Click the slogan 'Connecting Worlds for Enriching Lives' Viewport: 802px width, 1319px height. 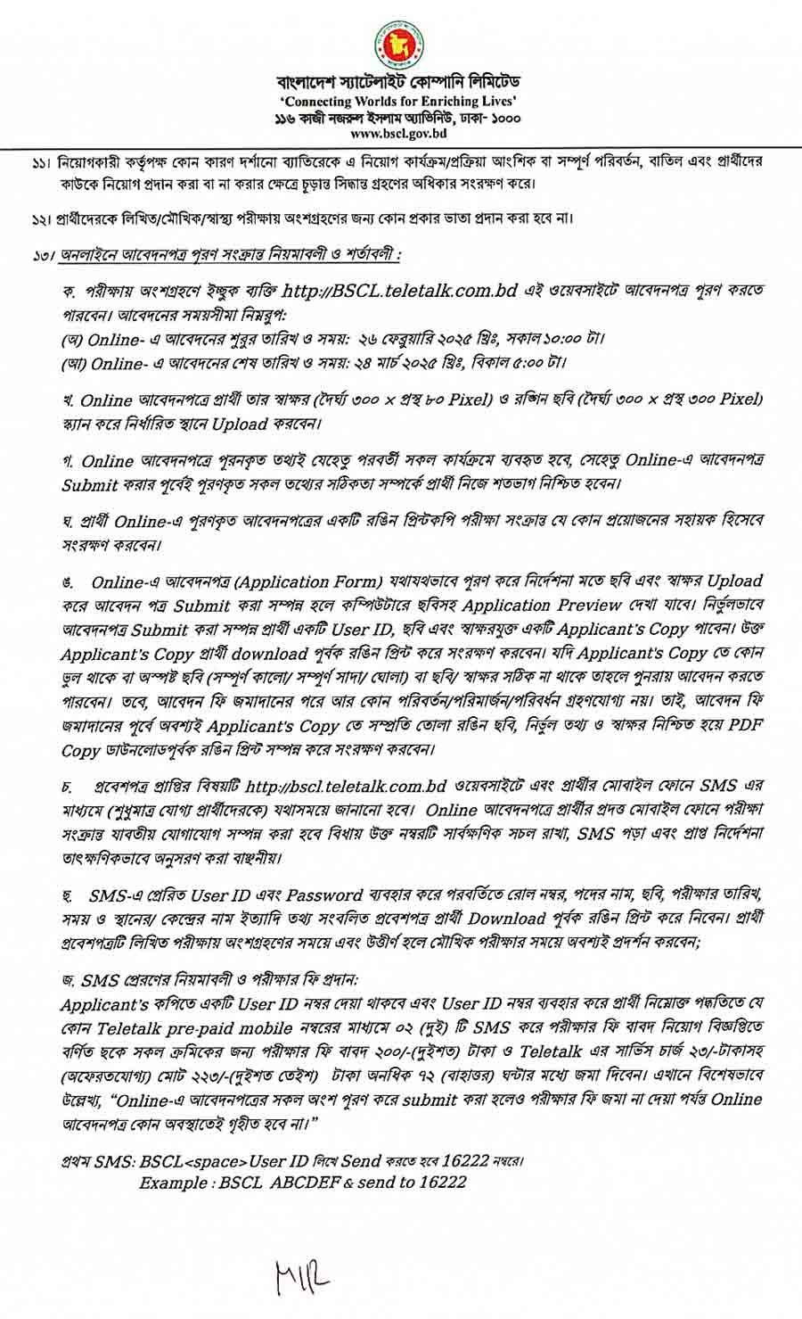398,103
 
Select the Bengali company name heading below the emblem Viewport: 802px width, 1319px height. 398,87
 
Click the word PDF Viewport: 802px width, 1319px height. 744,727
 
